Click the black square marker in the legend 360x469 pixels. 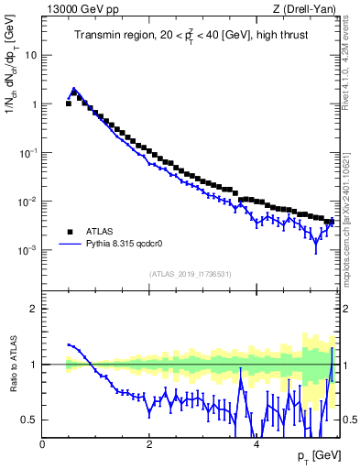point(70,232)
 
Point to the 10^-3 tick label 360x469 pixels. point(28,249)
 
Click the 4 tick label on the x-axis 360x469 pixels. point(256,444)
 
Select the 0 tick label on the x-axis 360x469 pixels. point(43,444)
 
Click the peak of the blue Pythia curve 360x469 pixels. point(74,89)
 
